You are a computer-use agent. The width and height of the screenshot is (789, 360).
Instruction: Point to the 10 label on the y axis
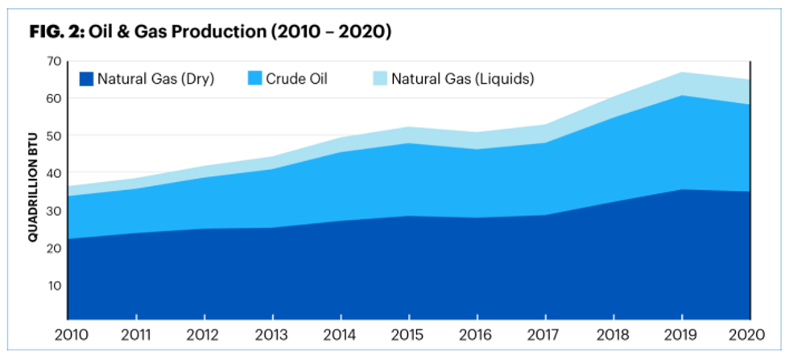point(55,286)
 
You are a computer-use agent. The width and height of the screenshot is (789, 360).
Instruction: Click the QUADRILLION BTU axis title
point(34,192)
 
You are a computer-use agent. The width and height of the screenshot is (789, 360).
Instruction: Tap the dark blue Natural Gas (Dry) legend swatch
point(86,79)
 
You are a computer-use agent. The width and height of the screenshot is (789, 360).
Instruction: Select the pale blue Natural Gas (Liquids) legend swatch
point(379,79)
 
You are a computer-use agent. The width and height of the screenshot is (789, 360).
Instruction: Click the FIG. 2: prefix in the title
point(57,33)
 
